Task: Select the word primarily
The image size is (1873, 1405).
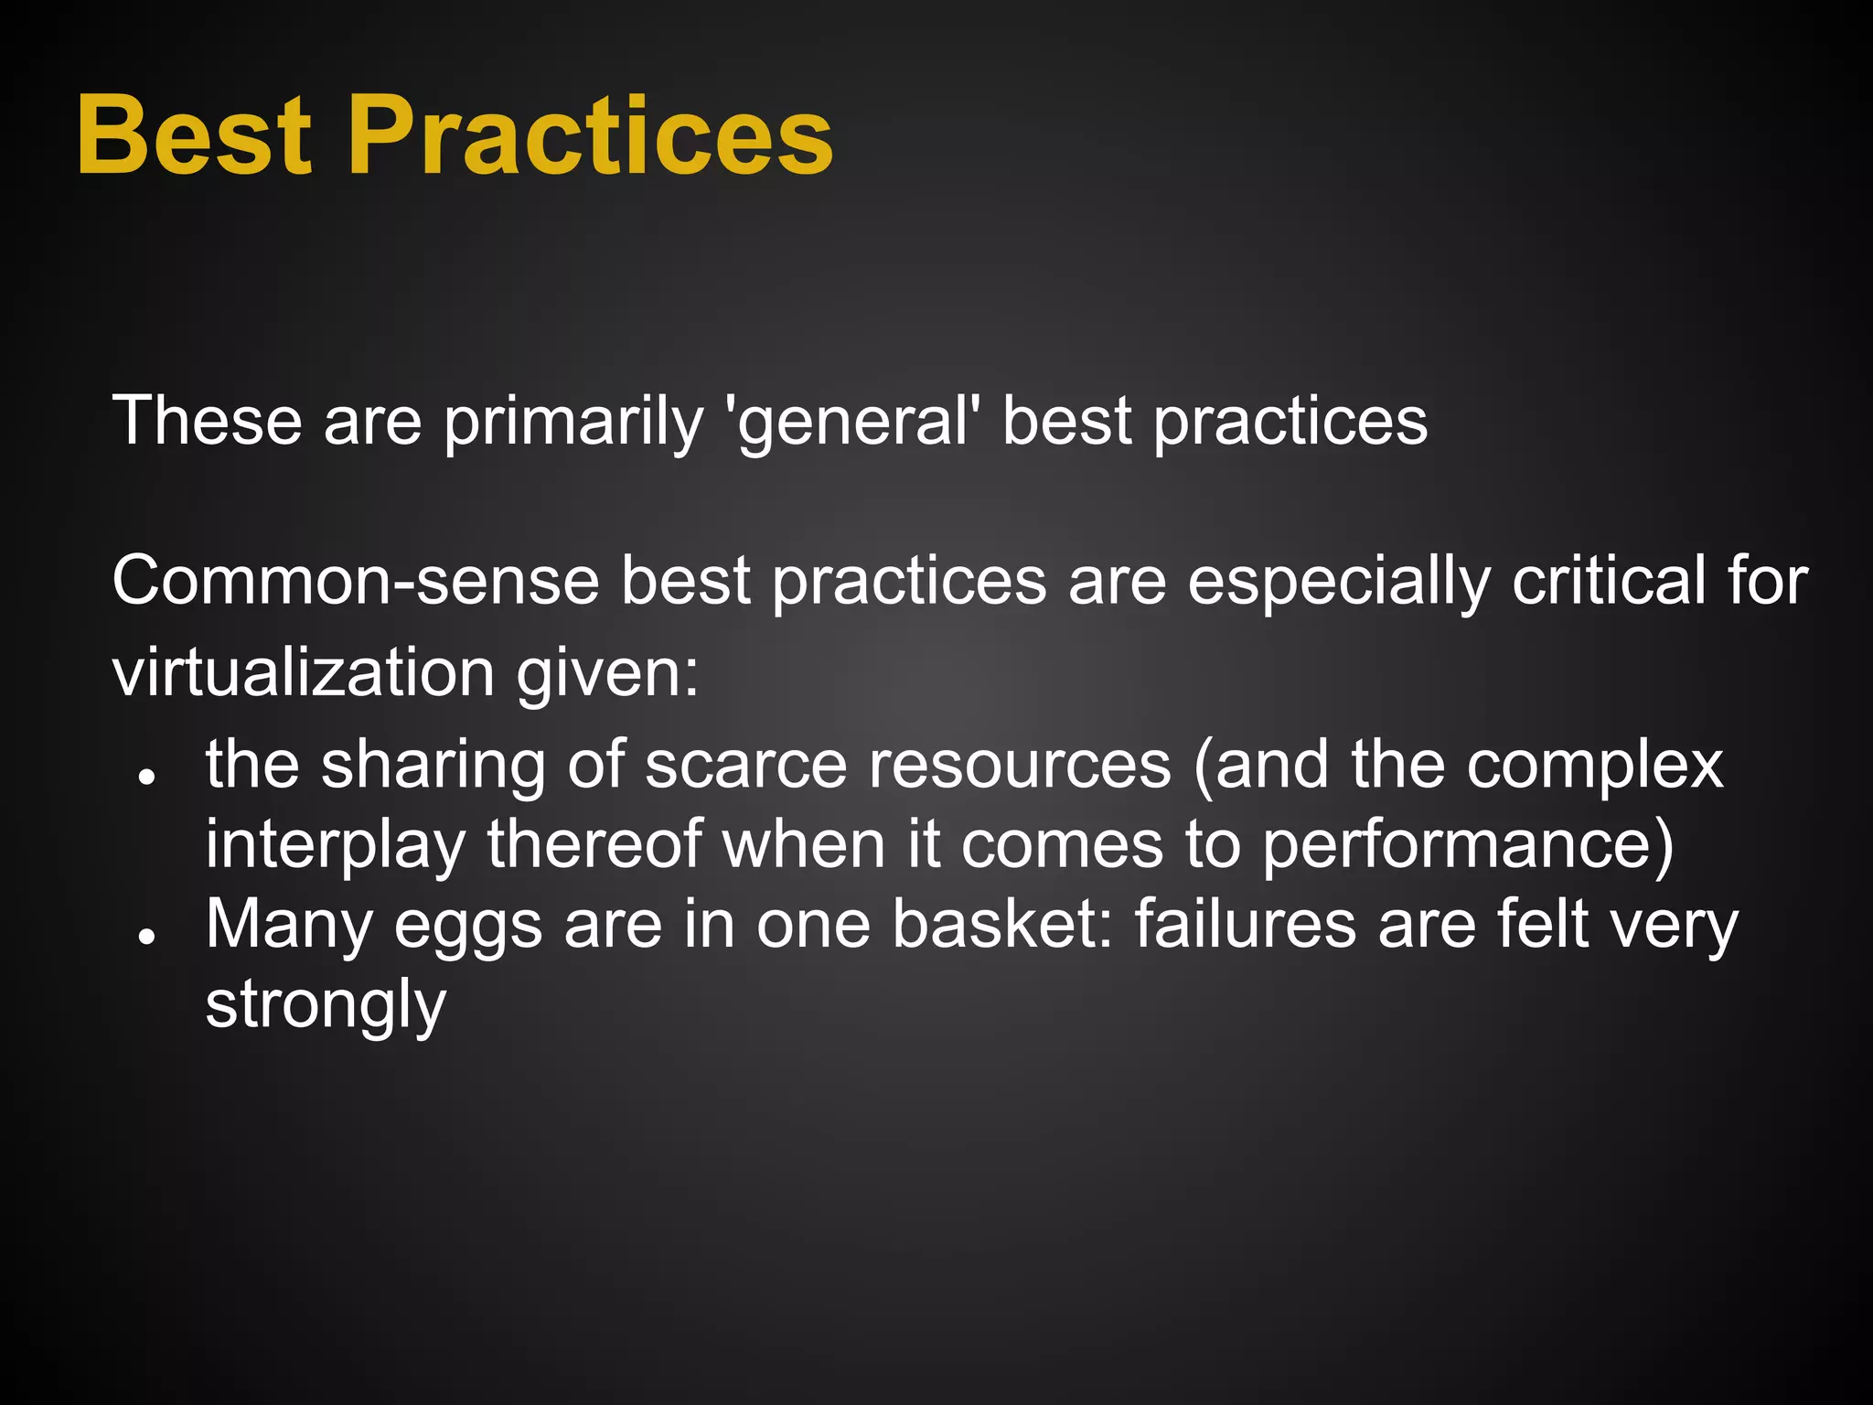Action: pos(573,423)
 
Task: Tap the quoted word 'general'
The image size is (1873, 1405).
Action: pos(851,423)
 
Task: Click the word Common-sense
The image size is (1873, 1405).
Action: pos(356,582)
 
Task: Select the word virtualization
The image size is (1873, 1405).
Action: pos(304,673)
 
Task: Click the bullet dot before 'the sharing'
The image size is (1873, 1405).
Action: pos(144,777)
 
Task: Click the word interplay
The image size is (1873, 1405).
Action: pos(335,845)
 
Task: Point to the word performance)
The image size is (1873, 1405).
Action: pos(1467,845)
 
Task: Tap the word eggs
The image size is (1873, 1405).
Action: pos(468,926)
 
